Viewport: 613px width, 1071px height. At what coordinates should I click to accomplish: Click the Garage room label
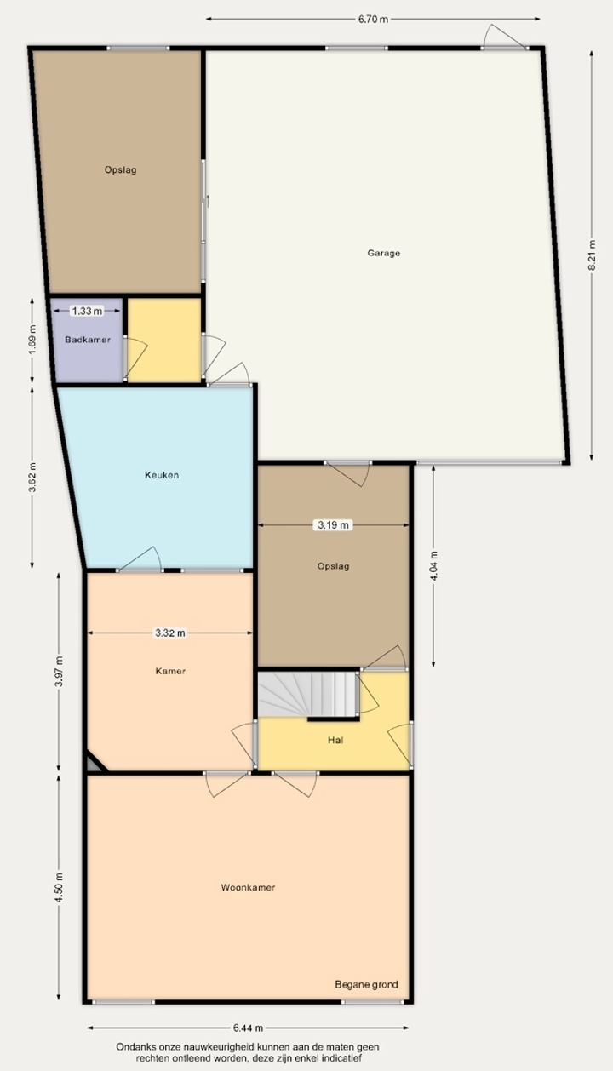point(383,253)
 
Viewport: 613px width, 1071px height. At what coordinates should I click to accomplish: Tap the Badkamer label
point(88,340)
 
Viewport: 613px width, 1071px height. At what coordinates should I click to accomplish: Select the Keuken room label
point(162,475)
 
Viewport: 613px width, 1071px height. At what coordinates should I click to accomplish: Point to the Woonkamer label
point(248,887)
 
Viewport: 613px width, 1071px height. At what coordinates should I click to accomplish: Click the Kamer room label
point(170,671)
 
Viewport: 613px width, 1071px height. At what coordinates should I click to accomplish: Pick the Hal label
point(335,740)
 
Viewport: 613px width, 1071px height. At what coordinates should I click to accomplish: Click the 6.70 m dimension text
point(373,19)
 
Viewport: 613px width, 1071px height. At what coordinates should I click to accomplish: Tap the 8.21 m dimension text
point(592,255)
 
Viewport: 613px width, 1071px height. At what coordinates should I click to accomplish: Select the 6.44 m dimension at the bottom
point(248,1028)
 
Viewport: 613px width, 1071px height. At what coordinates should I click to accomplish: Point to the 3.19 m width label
point(333,525)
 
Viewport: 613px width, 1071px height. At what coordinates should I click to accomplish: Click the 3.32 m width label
point(169,633)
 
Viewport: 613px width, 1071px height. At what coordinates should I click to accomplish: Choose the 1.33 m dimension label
point(87,312)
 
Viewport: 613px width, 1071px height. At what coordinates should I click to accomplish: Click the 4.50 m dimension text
point(60,888)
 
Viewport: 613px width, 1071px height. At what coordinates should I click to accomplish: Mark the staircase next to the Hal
point(308,694)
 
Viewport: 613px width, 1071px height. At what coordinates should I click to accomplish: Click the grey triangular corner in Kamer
point(95,763)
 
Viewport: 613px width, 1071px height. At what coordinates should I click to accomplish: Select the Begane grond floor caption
point(366,984)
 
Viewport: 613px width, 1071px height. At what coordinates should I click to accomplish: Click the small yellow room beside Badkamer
point(164,340)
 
